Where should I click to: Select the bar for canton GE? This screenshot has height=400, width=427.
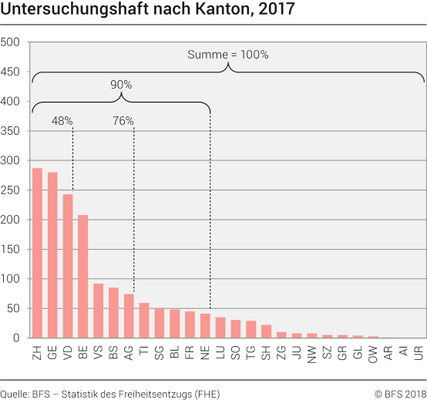(x=52, y=255)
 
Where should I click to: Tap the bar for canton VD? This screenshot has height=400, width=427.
(x=68, y=266)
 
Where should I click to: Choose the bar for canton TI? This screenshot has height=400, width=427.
(x=143, y=321)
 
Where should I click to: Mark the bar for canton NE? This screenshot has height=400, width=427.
(x=204, y=325)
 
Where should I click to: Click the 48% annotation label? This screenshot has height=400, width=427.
(x=62, y=121)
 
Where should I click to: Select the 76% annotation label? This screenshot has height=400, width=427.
(x=123, y=121)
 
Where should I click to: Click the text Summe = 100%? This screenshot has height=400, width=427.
(x=227, y=55)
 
